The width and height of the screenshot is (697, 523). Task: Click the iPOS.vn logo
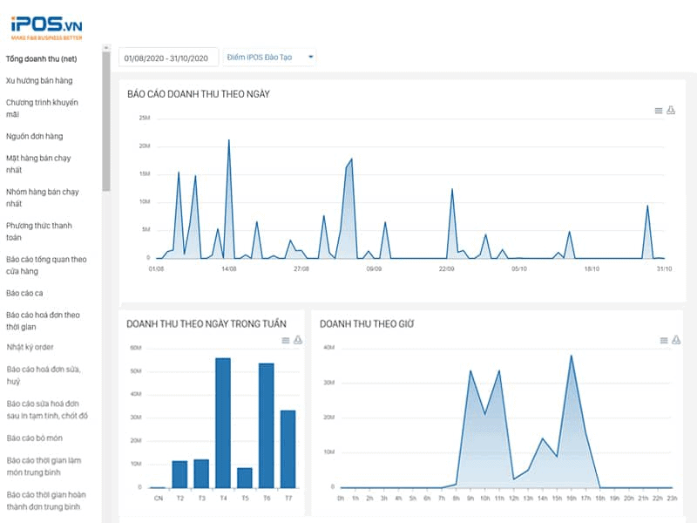[46, 25]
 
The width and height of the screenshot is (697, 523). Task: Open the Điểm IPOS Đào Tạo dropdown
[270, 58]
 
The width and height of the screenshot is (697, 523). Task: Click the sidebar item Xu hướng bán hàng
[39, 80]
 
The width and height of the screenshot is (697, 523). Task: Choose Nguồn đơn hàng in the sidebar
[35, 136]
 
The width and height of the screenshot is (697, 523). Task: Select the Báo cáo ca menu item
[24, 293]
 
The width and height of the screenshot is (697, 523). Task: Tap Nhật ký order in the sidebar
[30, 347]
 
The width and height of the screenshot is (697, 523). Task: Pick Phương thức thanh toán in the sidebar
[39, 231]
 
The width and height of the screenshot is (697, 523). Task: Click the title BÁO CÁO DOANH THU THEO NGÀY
[199, 93]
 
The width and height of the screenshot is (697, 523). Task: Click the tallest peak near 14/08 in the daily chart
[228, 140]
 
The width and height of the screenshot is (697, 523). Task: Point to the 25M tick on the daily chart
[145, 118]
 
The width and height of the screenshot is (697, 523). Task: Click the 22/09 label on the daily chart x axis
[446, 269]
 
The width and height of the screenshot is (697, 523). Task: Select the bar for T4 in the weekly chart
[222, 423]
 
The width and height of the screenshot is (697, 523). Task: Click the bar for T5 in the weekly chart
[245, 478]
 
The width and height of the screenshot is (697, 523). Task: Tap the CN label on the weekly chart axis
[158, 499]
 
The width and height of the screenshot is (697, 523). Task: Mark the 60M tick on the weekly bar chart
[136, 348]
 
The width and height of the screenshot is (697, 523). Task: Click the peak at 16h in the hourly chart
[571, 356]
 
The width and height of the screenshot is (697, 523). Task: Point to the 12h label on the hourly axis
[513, 499]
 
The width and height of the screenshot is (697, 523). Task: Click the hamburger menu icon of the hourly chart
[663, 340]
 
